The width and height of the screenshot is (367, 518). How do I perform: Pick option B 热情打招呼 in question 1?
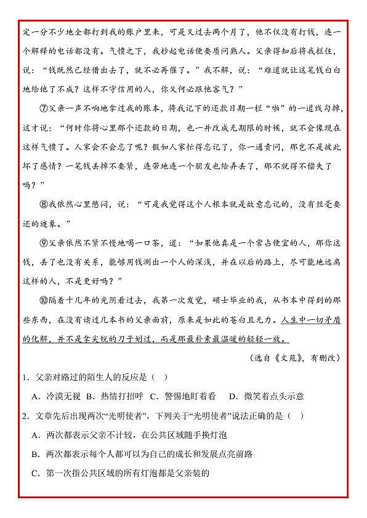point(114,396)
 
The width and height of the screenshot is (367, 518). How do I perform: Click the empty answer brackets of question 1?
point(159,377)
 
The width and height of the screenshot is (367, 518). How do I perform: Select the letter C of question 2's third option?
point(35,473)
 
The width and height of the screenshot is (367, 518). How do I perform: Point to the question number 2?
point(24,416)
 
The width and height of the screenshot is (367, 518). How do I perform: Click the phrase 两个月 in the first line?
point(227,32)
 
